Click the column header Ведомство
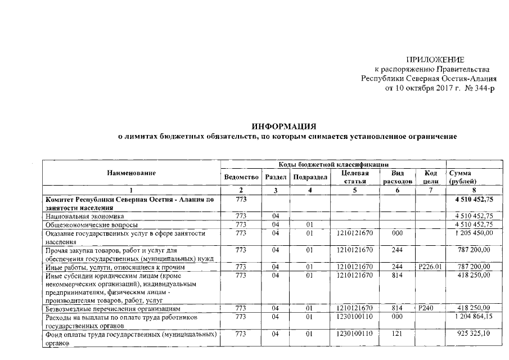point(240,177)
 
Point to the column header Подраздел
point(310,177)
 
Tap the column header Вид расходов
point(398,177)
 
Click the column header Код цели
point(430,177)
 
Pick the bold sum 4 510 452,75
point(474,200)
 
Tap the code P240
point(426,308)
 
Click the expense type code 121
point(398,334)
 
